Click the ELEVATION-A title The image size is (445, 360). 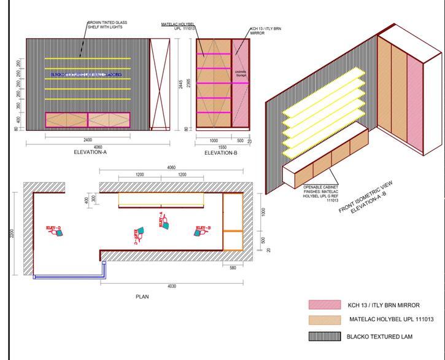pyautogui.click(x=90, y=152)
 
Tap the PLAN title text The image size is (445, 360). pyautogui.click(x=142, y=297)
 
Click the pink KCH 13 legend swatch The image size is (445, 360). pyautogui.click(x=323, y=305)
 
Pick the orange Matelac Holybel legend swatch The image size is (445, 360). pyautogui.click(x=323, y=320)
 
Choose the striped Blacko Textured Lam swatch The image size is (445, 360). pyautogui.click(x=323, y=336)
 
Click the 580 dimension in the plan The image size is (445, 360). pyautogui.click(x=233, y=267)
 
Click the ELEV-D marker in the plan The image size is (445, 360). pyautogui.click(x=55, y=230)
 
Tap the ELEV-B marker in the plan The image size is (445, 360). pyautogui.click(x=203, y=230)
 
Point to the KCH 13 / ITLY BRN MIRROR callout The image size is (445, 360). pyautogui.click(x=265, y=31)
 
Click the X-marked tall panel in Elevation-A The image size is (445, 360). pyautogui.click(x=160, y=84)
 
